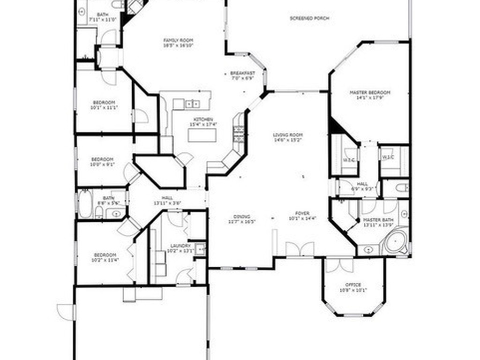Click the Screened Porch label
click(309, 18)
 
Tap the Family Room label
click(178, 43)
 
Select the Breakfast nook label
click(243, 75)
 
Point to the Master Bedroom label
click(370, 95)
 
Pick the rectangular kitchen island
click(202, 135)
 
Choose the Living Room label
click(288, 137)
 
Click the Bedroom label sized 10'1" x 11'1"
click(104, 105)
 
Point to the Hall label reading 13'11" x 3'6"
click(167, 201)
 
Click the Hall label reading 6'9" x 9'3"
click(362, 187)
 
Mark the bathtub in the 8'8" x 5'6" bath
click(85, 204)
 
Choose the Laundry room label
click(180, 248)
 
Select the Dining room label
click(242, 219)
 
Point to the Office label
click(353, 287)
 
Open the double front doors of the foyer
click(300, 249)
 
